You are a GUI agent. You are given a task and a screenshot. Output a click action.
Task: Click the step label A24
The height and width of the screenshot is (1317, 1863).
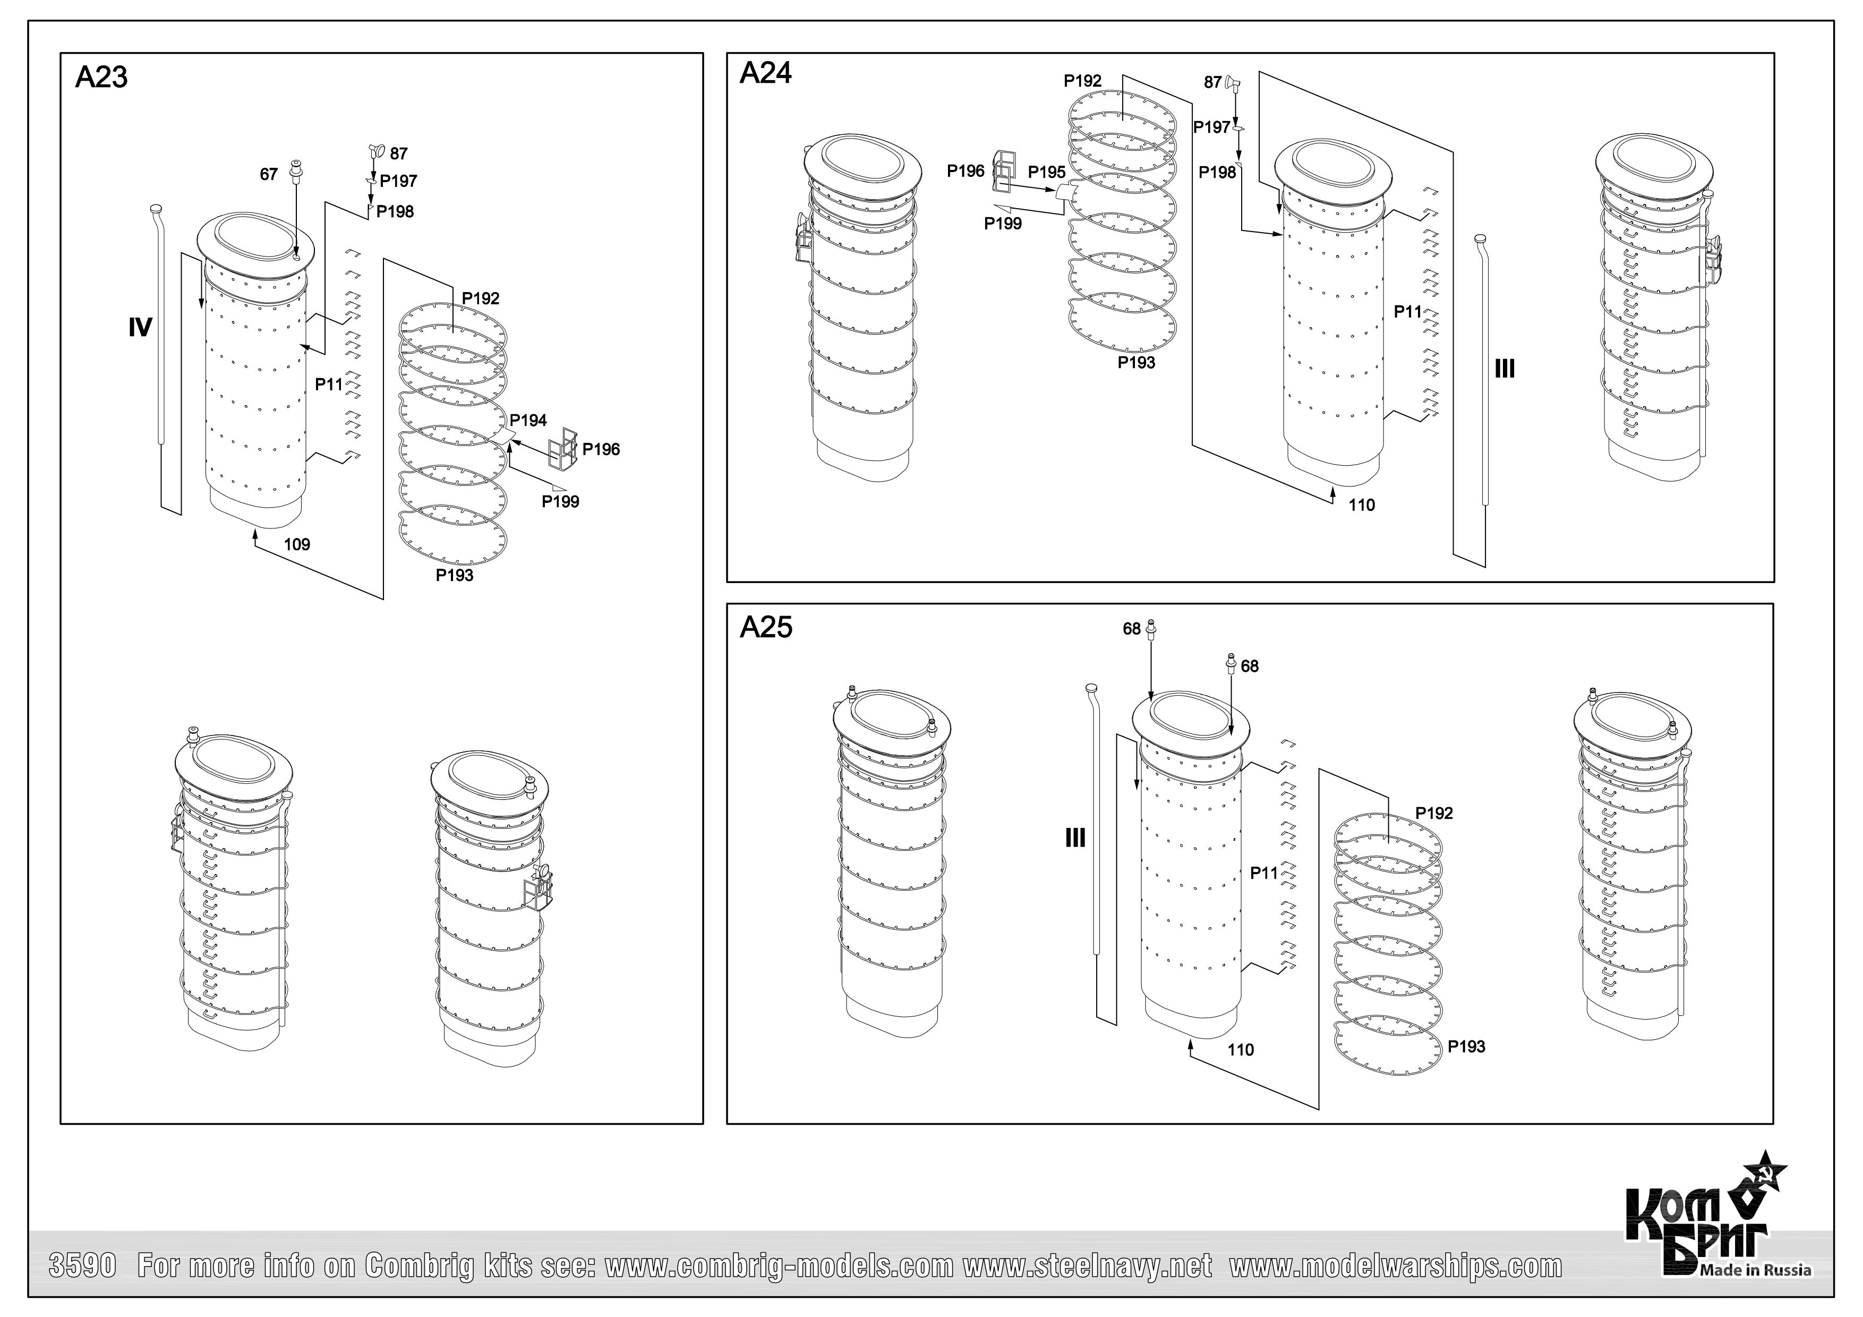765,74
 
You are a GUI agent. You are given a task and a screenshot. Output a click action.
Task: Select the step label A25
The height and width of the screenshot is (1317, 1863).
765,627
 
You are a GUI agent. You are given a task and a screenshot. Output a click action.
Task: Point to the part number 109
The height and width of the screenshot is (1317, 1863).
297,544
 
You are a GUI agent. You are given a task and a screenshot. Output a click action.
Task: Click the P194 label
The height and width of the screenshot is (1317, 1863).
528,421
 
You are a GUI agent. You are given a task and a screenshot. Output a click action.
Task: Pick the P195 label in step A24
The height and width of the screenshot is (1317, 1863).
1047,172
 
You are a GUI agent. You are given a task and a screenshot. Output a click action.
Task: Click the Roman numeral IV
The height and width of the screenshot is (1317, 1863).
140,328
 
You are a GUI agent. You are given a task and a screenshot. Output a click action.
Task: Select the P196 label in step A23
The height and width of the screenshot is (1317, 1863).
601,450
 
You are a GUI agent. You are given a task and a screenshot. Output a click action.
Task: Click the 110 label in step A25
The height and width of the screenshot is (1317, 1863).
1241,1050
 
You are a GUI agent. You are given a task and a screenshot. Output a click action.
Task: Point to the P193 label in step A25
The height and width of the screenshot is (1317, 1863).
1466,1047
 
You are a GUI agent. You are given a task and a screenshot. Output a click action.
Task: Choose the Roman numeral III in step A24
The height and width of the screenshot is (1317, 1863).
1505,369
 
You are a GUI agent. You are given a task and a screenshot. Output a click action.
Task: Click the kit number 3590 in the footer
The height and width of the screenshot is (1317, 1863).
83,1267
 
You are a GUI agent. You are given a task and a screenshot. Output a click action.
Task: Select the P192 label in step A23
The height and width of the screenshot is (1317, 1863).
481,298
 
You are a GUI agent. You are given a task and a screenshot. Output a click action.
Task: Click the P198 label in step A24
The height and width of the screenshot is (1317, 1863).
1217,172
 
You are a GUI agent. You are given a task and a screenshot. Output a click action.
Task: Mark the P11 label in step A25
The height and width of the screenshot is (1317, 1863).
1264,873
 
